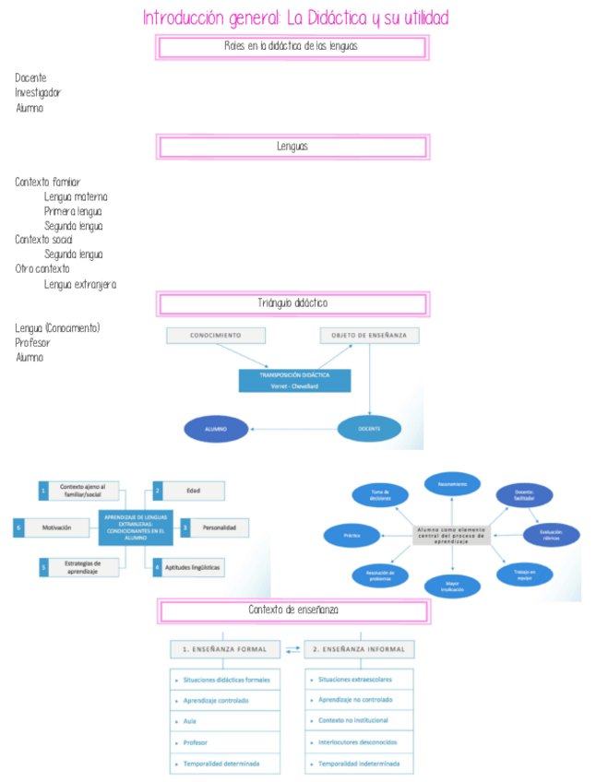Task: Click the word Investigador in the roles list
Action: coord(38,93)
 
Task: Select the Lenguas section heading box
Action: coord(292,147)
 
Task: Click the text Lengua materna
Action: coord(76,197)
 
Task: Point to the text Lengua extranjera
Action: coord(80,284)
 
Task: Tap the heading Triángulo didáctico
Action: coord(292,303)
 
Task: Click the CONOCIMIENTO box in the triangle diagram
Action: coord(215,336)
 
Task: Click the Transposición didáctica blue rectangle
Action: coord(294,381)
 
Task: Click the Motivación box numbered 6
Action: coord(55,528)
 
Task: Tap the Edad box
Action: coord(193,491)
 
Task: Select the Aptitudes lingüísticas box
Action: coord(193,567)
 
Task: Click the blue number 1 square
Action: coord(43,491)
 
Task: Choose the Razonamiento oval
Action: coord(452,484)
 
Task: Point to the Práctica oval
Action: coord(352,535)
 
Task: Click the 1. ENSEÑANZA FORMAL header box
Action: coord(224,649)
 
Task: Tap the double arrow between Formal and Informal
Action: coord(292,650)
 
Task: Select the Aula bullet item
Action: coord(224,721)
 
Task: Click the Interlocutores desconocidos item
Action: coord(359,741)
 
